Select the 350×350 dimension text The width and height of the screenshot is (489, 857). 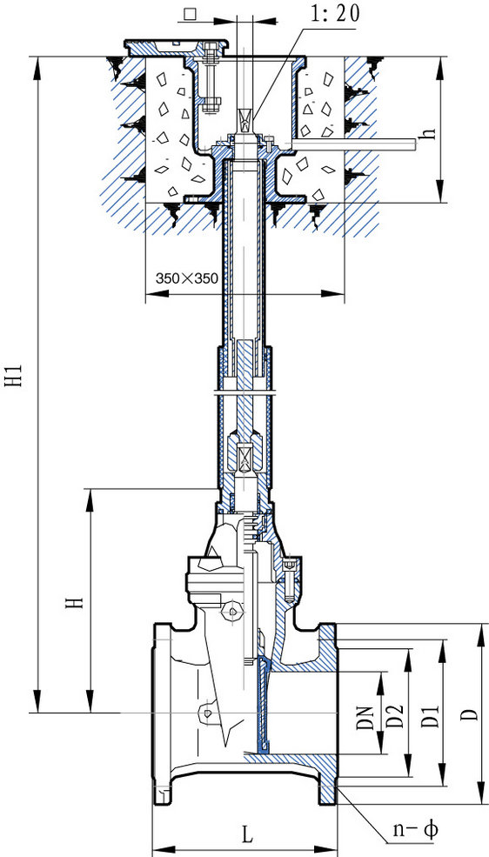(x=187, y=278)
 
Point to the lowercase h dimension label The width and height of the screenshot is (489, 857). (x=430, y=133)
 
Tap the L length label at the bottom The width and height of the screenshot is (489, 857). (x=247, y=834)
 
